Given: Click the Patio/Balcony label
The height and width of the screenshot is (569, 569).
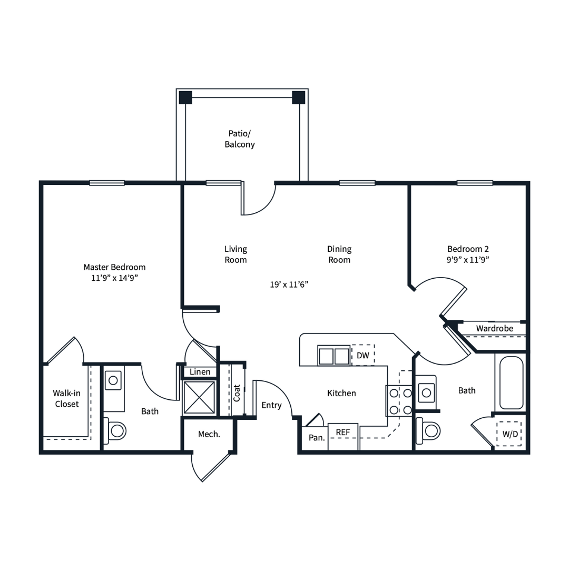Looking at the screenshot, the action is [240, 139].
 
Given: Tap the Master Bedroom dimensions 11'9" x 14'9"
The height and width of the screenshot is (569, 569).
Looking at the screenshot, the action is [114, 278].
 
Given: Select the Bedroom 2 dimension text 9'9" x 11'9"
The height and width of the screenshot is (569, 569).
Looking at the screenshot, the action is [468, 260].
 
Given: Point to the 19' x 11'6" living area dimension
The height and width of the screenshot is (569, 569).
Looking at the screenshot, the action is [289, 284].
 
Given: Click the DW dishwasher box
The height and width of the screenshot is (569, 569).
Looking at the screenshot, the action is [363, 355].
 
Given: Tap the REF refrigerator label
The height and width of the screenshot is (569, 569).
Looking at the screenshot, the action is [342, 432].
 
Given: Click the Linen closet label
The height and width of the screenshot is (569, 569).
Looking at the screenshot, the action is [200, 372].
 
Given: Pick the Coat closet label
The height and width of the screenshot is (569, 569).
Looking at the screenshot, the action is [237, 393].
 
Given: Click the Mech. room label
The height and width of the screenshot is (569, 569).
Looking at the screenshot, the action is [209, 434].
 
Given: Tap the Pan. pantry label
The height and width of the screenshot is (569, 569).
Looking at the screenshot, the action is [317, 438].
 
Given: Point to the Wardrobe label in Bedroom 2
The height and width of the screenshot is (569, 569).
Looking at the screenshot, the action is [495, 328].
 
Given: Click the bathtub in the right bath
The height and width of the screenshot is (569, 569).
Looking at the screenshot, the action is [511, 383].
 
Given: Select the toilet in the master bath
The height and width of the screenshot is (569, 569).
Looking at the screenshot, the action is [115, 431].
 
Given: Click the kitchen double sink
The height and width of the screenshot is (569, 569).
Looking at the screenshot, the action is [334, 355].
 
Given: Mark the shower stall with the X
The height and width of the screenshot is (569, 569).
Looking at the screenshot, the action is [199, 397].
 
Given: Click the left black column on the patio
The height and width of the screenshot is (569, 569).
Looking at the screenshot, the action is [185, 97].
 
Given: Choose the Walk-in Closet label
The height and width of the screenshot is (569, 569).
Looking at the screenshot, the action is [67, 398].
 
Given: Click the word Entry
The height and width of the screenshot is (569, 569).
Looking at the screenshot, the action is [271, 405].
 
